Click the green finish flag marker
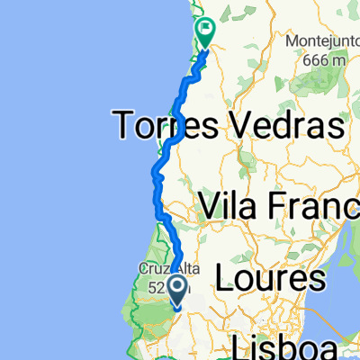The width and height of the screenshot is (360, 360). coord(206,32)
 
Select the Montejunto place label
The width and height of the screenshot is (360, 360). coord(324,42)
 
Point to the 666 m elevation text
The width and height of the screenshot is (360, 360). coord(325,58)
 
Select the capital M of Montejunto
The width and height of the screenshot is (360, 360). coord(292,42)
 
